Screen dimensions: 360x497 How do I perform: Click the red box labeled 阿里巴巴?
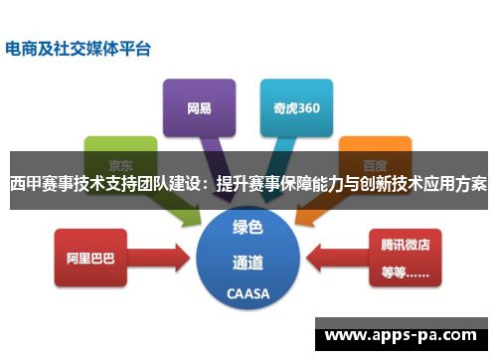pos(90,257)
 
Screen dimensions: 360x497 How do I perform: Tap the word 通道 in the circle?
pos(248,263)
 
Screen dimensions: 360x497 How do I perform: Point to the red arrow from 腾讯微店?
pos(333,258)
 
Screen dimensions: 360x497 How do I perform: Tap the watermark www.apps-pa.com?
pos(407,334)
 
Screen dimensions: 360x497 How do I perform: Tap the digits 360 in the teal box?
pos(307,107)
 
